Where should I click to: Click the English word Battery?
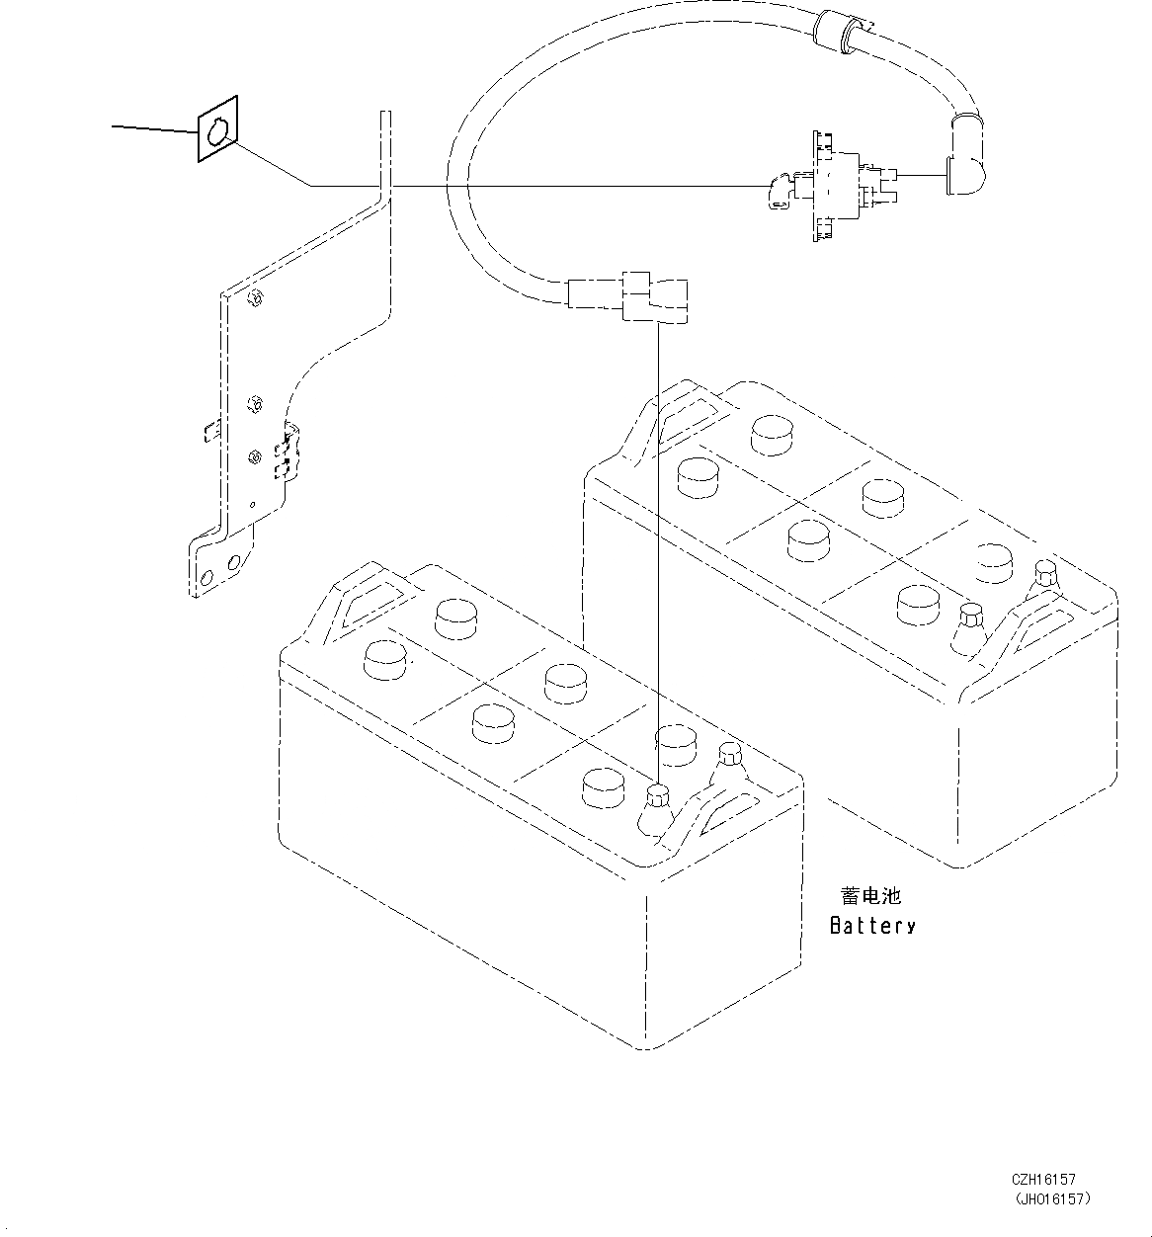pyautogui.click(x=872, y=926)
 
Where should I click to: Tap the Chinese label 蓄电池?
pyautogui.click(x=870, y=896)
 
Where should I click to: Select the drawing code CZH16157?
pyautogui.click(x=1043, y=1180)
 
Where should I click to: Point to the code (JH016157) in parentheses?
pyautogui.click(x=1051, y=1198)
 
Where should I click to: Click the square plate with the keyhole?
pyautogui.click(x=218, y=128)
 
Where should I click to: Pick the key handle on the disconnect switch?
pyautogui.click(x=777, y=192)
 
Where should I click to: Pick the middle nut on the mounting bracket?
pyautogui.click(x=254, y=402)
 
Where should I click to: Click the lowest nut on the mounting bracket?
pyautogui.click(x=255, y=455)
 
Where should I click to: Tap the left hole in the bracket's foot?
pyautogui.click(x=207, y=577)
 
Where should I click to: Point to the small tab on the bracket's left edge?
pyautogui.click(x=209, y=430)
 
